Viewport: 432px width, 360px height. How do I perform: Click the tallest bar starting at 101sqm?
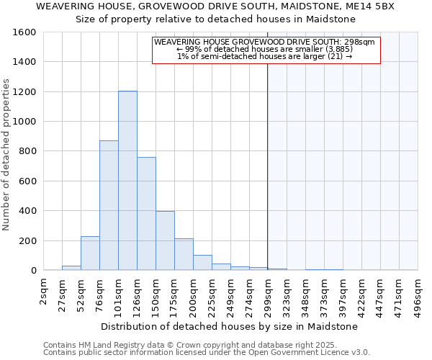[x=127, y=181]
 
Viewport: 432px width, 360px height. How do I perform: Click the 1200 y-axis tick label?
[x=24, y=92]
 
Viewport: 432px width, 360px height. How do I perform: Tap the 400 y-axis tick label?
[x=27, y=211]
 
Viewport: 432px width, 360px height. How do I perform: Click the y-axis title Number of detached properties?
[x=7, y=151]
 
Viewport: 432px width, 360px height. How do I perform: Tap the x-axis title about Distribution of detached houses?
[x=229, y=326]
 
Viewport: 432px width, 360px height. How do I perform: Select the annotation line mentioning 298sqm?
[x=264, y=42]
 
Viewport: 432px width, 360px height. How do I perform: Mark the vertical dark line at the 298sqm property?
[x=268, y=158]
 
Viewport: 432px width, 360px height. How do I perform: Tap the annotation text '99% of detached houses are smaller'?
[x=264, y=50]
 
